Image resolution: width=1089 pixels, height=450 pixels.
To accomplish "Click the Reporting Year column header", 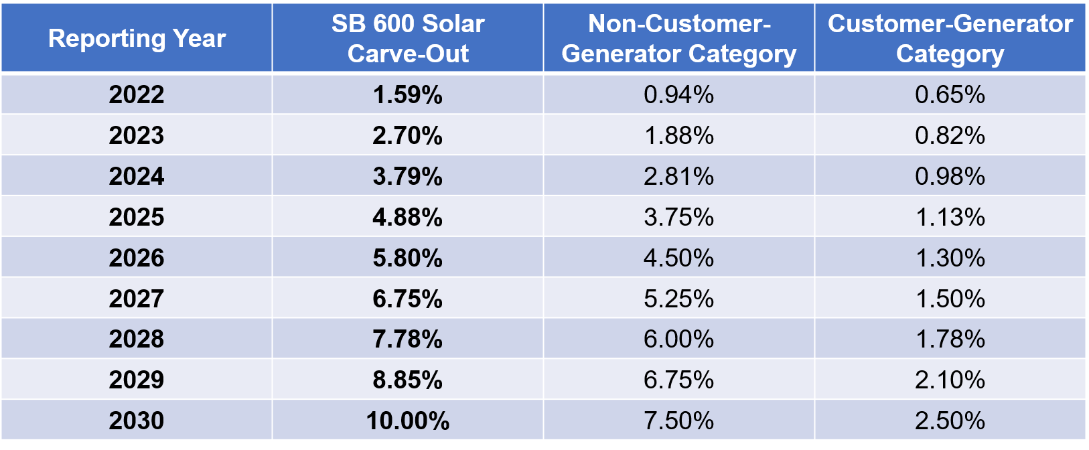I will [137, 38].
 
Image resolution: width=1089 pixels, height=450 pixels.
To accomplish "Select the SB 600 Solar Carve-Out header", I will [408, 38].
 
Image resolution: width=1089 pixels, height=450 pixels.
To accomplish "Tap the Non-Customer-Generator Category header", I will [678, 38].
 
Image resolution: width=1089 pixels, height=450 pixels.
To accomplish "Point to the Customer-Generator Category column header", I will [950, 38].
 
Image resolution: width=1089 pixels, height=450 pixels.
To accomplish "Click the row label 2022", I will [137, 94].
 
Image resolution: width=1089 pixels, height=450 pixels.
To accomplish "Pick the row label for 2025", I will [137, 217].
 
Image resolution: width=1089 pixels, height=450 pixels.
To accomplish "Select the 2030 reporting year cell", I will [137, 421].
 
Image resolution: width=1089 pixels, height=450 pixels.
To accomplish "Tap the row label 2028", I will [137, 339].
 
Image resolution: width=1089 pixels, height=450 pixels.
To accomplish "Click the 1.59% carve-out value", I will [408, 94].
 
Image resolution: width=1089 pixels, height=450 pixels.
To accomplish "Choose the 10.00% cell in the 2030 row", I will [408, 421].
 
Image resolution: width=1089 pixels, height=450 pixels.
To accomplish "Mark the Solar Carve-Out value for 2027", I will [408, 299].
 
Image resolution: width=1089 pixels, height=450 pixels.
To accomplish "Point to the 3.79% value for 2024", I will [408, 176].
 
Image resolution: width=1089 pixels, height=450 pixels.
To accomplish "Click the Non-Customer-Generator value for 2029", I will [678, 380].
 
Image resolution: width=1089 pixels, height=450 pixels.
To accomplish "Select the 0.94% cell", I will [678, 94].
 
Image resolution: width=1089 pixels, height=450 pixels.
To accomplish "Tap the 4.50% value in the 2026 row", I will [678, 258].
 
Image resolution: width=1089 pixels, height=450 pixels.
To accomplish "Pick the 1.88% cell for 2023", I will [678, 135].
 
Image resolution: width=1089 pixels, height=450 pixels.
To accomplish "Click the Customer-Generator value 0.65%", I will [950, 94].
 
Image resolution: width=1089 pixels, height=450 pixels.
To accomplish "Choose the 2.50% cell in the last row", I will [950, 421].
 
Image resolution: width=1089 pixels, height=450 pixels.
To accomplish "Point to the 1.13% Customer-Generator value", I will [950, 217].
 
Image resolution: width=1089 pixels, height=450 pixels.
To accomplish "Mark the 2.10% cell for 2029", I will [950, 380].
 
